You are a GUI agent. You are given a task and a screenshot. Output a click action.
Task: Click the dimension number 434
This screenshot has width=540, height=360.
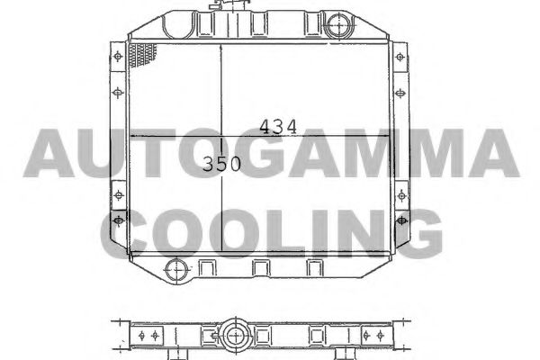277,127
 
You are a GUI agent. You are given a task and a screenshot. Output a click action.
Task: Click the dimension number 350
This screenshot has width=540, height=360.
221,164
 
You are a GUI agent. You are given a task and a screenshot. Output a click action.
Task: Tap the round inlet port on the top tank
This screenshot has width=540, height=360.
339,25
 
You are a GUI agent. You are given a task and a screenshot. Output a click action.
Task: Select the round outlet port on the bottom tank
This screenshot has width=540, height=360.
177,270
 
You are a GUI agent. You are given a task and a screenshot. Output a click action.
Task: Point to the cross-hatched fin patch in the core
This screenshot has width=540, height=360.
142,55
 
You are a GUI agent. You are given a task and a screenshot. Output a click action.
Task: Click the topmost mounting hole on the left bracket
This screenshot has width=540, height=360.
118,56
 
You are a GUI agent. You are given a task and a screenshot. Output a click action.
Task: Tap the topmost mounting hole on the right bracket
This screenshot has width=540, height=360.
400,57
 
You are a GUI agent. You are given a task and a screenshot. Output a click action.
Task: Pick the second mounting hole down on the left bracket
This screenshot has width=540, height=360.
118,93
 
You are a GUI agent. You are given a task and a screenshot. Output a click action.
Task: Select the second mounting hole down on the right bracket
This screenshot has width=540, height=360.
400,93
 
